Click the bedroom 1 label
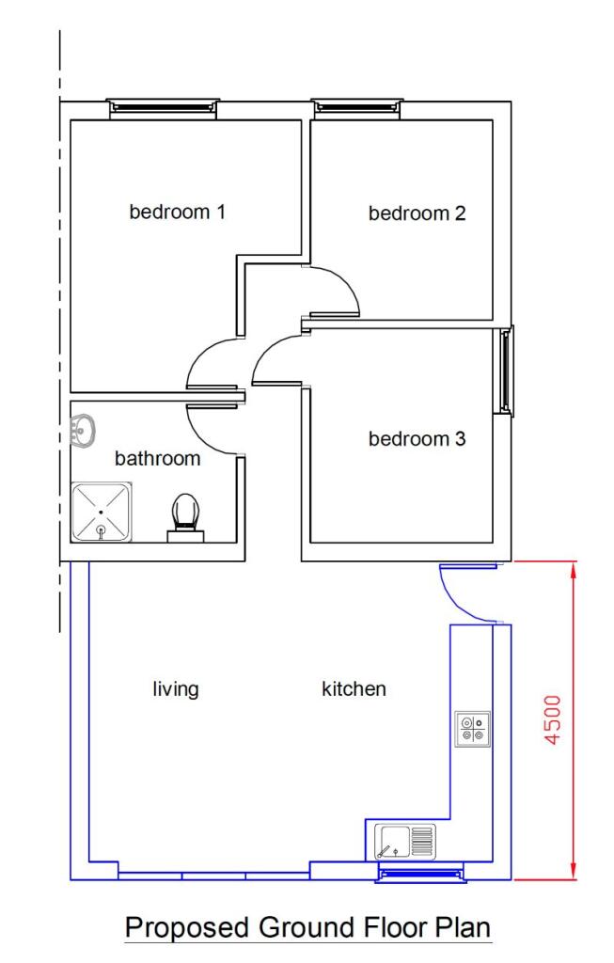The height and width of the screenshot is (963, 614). pos(177,212)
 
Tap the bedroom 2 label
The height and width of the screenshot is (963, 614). pos(417,213)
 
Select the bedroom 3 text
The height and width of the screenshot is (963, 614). pos(417,439)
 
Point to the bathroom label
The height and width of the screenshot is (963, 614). pos(157,459)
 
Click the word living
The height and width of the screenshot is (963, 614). pos(176,689)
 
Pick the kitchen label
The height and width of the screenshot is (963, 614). pos(354,689)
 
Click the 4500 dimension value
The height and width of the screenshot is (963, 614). pos(553,720)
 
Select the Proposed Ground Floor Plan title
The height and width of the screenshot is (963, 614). pos(307,928)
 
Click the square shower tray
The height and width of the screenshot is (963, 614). pos(102,513)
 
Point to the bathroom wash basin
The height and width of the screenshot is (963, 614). pos(83,431)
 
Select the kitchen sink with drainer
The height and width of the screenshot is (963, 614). pos(403,841)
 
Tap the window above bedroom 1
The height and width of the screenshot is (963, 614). pos(164,106)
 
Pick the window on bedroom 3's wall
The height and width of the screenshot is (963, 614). pos(508,371)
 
